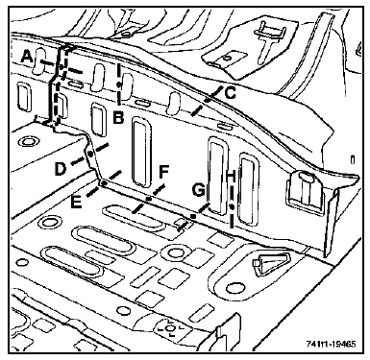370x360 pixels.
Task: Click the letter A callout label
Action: point(28,57)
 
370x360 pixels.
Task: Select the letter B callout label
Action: point(118,118)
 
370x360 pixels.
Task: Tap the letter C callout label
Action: point(231,93)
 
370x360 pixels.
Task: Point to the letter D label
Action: point(60,169)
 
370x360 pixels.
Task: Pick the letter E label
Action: point(76,203)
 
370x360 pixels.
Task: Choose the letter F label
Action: point(163,172)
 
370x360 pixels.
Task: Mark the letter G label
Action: point(199,191)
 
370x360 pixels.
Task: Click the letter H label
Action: point(232,176)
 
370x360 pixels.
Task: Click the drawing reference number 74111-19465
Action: point(331,345)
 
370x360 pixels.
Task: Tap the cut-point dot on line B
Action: point(118,84)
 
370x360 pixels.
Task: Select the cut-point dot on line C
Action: point(207,100)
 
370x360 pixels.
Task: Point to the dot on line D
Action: point(90,154)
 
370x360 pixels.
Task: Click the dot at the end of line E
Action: point(104,183)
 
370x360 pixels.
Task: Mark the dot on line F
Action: point(148,199)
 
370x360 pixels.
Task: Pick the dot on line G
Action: point(193,217)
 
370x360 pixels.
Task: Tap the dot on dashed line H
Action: point(232,207)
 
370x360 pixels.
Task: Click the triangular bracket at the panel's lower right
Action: point(272,262)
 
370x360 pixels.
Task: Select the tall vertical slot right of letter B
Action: point(141,152)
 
